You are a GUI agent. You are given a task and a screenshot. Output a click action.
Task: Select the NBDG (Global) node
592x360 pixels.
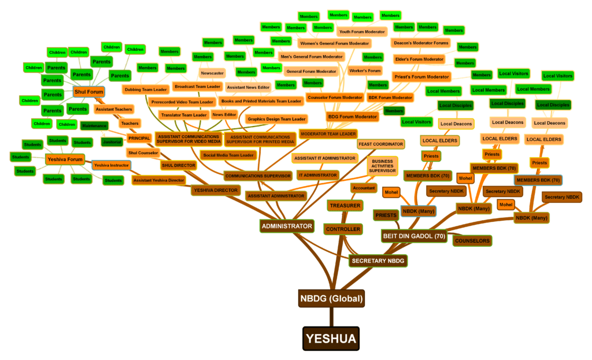point(331,299)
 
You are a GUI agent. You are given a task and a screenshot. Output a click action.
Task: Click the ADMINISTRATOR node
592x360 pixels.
point(287,226)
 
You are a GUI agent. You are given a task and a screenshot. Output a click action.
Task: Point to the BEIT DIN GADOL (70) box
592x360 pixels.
point(414,236)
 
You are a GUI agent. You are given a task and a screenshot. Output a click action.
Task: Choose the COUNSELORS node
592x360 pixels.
point(472,240)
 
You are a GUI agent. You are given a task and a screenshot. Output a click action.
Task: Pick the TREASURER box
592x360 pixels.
point(345,206)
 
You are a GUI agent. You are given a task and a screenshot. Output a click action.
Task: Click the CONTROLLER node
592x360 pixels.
point(343,229)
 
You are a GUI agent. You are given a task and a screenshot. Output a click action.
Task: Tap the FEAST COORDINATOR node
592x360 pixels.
point(380,143)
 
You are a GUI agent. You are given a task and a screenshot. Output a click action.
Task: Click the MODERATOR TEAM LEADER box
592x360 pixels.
point(328,134)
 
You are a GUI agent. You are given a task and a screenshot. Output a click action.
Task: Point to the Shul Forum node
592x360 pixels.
point(88,91)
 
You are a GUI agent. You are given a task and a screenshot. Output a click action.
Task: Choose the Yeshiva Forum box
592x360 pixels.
point(65,159)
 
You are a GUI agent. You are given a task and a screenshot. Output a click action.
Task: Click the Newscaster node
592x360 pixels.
point(212,73)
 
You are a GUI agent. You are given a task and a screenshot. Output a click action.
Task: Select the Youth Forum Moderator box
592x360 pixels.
point(361,32)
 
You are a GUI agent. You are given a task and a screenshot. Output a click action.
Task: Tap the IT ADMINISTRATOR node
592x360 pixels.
point(317,175)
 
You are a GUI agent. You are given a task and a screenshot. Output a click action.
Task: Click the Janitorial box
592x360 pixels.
point(111,142)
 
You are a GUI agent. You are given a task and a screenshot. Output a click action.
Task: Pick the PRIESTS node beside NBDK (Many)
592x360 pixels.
point(386,216)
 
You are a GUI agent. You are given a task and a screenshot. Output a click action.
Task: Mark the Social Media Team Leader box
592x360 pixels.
point(228,155)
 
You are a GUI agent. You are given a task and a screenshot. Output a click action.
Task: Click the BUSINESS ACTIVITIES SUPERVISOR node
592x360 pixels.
point(382,166)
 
